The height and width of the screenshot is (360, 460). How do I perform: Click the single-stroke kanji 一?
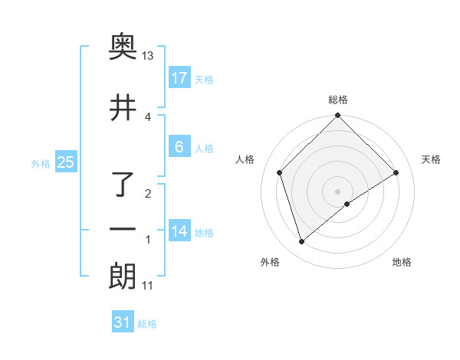123,230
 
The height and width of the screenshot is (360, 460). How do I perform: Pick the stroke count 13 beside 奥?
147,56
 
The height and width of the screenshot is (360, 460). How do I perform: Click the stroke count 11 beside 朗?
147,286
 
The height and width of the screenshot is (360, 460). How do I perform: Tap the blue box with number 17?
179,78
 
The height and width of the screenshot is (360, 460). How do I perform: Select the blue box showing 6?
179,147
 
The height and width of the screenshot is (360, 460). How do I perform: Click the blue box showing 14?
179,231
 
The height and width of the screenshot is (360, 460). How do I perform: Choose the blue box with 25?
65,162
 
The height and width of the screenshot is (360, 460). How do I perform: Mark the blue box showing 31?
123,322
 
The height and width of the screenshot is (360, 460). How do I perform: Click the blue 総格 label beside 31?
147,324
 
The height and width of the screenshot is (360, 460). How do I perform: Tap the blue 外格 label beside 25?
41,163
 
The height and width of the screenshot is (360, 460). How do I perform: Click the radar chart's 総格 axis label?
338,100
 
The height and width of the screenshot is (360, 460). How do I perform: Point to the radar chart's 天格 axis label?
432,159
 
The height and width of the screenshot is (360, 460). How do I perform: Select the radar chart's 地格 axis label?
402,262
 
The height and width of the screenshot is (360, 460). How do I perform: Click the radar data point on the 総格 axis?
338,116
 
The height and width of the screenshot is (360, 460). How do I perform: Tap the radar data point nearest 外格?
301,242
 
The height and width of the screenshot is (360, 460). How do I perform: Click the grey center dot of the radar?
338,191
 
